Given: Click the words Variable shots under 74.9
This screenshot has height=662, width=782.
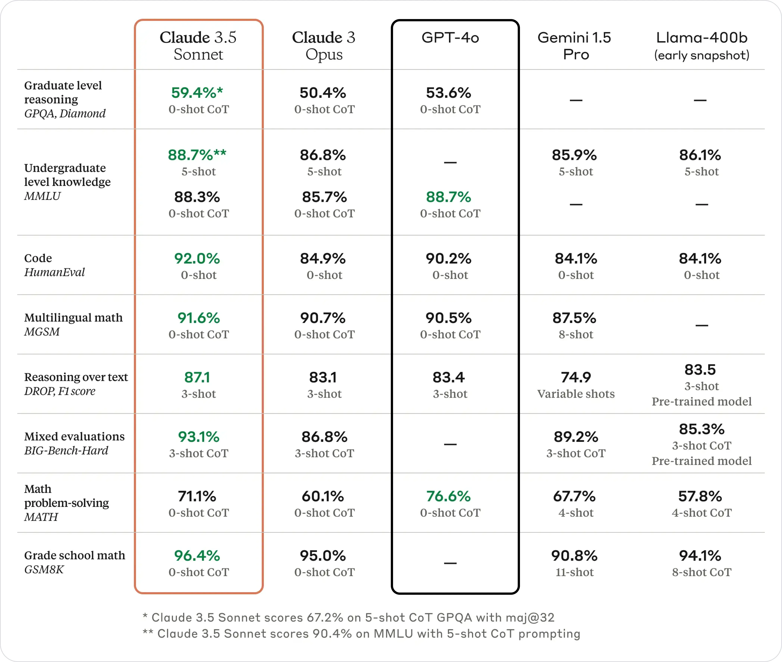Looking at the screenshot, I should point(576,394).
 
